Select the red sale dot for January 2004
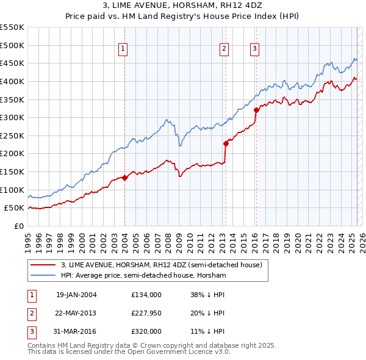124,178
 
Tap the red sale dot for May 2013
225,144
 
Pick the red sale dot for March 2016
256,110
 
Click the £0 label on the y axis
20,226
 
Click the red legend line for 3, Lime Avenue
43,265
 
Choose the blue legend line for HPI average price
43,276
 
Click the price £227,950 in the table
146,313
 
